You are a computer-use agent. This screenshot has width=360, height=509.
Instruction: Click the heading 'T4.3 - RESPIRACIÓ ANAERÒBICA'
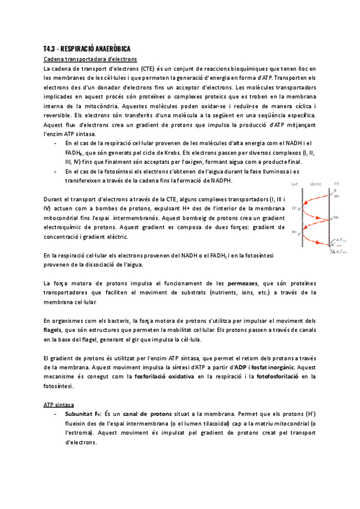(x=88, y=48)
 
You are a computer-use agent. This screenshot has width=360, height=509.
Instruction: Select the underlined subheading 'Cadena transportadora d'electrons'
(x=90, y=59)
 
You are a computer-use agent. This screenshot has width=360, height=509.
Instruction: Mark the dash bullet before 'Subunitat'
(x=56, y=414)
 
